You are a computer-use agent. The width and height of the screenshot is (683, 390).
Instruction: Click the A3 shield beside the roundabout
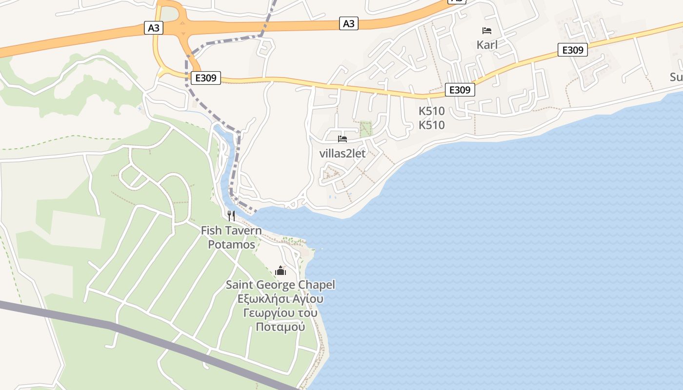pyautogui.click(x=154, y=28)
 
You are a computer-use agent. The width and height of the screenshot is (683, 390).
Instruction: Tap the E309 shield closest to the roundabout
pyautogui.click(x=205, y=78)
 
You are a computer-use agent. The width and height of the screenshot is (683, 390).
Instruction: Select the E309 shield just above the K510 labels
pyautogui.click(x=460, y=90)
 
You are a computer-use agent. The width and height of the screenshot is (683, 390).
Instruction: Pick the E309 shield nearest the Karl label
pyautogui.click(x=572, y=50)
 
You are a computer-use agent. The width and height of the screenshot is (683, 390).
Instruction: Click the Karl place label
pyautogui.click(x=487, y=45)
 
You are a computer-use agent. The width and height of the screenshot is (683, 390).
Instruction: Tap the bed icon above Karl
pyautogui.click(x=487, y=31)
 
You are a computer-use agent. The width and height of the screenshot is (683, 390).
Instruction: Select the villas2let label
pyautogui.click(x=342, y=153)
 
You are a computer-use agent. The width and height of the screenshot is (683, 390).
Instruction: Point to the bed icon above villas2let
pyautogui.click(x=342, y=139)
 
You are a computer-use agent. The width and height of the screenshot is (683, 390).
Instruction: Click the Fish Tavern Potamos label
pyautogui.click(x=231, y=237)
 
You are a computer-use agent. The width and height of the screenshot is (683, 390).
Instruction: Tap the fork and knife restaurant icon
pyautogui.click(x=231, y=215)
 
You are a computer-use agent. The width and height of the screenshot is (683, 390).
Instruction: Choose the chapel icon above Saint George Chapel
pyautogui.click(x=281, y=271)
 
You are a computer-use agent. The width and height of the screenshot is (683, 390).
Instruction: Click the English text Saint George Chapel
pyautogui.click(x=281, y=285)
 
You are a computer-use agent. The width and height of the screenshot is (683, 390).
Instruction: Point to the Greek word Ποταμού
pyautogui.click(x=281, y=327)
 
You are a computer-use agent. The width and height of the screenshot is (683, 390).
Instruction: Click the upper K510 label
pyautogui.click(x=432, y=111)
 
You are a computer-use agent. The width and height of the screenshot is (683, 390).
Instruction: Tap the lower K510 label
pyautogui.click(x=432, y=125)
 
